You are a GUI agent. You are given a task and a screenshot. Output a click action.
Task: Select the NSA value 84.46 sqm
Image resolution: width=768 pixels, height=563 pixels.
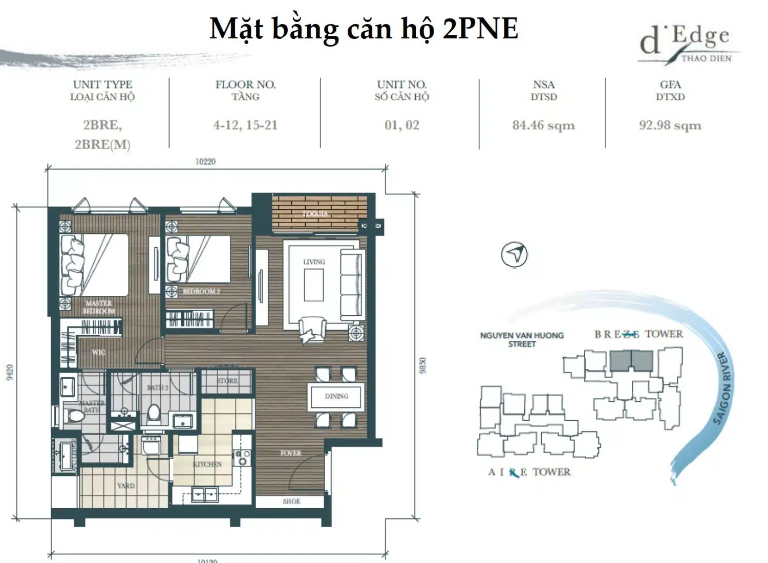[543, 125]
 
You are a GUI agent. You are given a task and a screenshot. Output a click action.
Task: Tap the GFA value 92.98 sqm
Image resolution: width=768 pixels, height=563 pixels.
[670, 125]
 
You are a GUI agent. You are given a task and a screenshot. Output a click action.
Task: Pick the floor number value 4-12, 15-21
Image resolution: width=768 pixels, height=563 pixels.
[245, 125]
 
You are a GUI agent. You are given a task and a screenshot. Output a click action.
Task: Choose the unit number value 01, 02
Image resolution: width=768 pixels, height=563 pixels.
[401, 125]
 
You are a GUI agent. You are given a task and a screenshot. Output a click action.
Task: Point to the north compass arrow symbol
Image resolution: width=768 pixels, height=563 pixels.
[514, 254]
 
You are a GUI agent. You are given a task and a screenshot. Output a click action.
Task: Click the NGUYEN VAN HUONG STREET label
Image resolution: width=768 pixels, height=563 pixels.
[521, 340]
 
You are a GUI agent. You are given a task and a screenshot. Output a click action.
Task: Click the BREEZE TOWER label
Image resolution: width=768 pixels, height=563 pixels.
[638, 334]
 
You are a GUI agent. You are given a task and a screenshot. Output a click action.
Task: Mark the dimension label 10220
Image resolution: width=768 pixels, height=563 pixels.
[205, 162]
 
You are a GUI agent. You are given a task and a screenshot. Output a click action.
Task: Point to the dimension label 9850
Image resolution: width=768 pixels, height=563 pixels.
[422, 365]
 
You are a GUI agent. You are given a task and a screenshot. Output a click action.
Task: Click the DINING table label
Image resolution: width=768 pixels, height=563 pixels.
[336, 396]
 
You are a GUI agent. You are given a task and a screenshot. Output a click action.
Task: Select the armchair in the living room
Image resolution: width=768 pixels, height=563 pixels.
[311, 329]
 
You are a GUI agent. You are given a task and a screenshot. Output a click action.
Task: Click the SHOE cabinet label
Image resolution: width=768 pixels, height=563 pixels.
[291, 501]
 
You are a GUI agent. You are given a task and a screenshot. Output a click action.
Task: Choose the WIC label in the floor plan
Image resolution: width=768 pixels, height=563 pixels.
[98, 352]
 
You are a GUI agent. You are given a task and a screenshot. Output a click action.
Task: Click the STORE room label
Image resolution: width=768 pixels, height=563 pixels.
[227, 381]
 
